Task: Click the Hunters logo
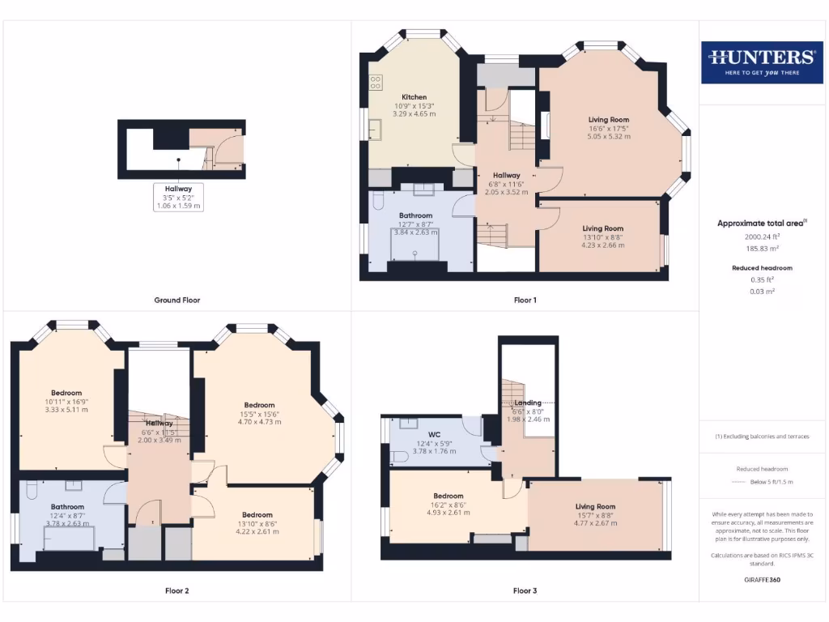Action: tap(762, 61)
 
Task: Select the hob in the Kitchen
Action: tap(376, 82)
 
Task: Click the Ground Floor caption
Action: tap(176, 300)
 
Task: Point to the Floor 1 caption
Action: tap(525, 300)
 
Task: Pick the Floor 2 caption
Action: tap(176, 590)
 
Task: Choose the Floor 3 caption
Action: tap(525, 590)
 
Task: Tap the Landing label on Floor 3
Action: tap(527, 403)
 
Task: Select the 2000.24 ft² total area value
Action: tap(761, 237)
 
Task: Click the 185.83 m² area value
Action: tap(761, 249)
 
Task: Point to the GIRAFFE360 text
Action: tap(761, 580)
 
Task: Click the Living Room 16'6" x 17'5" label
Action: tap(609, 120)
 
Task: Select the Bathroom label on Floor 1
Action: tap(414, 215)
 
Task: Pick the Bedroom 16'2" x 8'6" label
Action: tap(448, 496)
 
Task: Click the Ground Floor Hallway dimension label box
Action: tap(179, 197)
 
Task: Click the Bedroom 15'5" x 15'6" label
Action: tap(259, 405)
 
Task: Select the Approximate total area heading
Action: tap(761, 223)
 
